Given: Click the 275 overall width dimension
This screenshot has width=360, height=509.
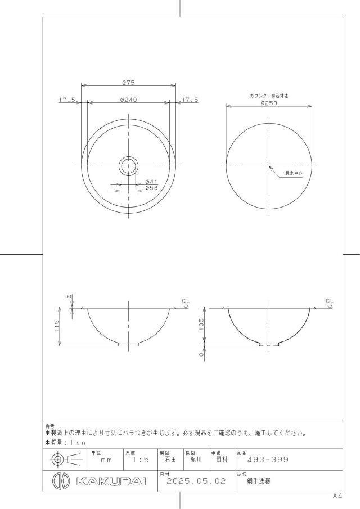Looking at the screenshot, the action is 129,83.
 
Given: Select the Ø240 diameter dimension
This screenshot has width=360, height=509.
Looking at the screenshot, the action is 129,100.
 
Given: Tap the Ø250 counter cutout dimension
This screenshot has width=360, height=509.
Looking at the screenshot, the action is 269,103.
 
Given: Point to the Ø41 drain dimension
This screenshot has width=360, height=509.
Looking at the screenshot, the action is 151,182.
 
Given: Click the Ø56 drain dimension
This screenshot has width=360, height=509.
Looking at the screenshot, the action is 151,188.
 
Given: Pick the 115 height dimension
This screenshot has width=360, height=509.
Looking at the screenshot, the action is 57,326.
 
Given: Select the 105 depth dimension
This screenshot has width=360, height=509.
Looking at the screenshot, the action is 201,324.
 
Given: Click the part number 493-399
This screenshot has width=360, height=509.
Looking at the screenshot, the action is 268,460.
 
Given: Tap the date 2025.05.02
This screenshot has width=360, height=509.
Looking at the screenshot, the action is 196,481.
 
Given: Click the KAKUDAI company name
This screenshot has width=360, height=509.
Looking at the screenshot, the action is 111,481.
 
